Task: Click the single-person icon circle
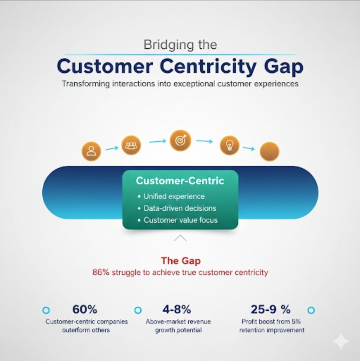(x=91, y=151)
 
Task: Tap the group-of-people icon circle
(x=131, y=145)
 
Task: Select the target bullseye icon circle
(x=180, y=141)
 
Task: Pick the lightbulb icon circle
(x=229, y=145)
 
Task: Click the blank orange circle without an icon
(x=270, y=151)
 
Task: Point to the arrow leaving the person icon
(x=112, y=148)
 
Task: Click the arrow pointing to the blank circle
(x=249, y=148)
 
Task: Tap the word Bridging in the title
(x=168, y=45)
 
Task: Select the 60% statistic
(x=85, y=309)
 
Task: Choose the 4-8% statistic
(x=177, y=309)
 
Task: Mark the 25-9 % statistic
(x=271, y=309)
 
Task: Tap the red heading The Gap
(x=181, y=261)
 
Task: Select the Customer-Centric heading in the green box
(x=180, y=181)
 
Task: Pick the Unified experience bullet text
(x=174, y=196)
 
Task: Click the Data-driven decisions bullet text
(x=180, y=208)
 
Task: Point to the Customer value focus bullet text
(x=181, y=220)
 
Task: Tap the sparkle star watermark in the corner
(x=341, y=341)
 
